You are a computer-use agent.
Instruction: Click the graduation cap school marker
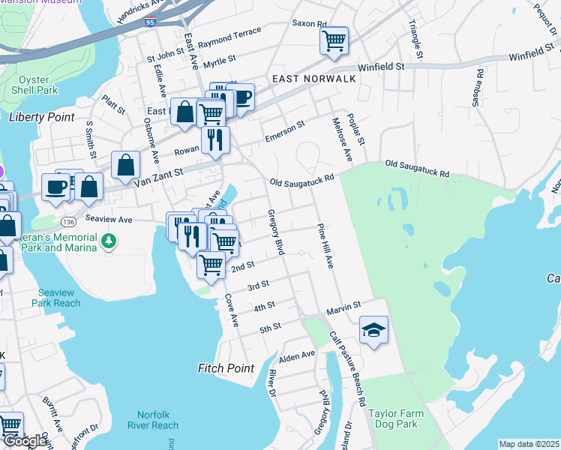373,330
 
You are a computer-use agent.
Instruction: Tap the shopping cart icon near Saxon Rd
334,40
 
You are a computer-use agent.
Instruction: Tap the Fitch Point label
226,368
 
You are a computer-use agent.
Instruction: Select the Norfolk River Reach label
157,420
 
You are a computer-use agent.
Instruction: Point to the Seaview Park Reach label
56,297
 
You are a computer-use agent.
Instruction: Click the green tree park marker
109,241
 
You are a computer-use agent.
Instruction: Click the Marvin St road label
343,307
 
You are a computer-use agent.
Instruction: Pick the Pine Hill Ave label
325,245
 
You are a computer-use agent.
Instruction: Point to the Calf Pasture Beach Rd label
358,373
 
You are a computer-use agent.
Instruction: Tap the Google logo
25,442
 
